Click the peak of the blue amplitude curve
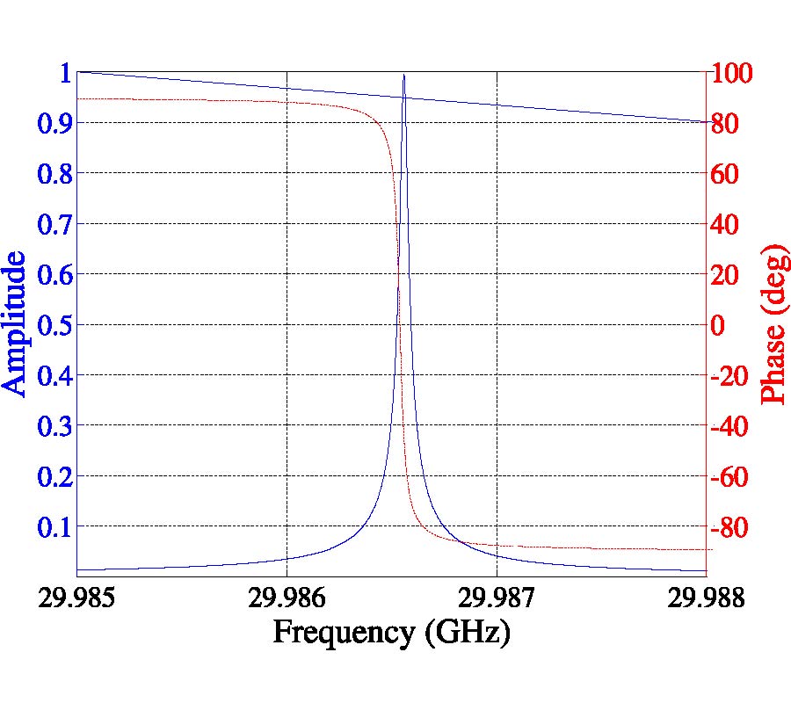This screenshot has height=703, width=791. (403, 76)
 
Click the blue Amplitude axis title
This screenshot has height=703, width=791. (15, 323)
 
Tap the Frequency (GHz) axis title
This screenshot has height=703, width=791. (391, 633)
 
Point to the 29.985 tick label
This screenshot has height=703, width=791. (76, 598)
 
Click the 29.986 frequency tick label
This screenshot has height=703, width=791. (287, 598)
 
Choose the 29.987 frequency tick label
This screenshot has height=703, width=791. (497, 598)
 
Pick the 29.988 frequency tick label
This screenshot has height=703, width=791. (707, 598)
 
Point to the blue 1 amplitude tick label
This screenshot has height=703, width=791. (63, 72)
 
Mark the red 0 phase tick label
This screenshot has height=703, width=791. (717, 325)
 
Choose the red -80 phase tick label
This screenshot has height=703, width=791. (732, 527)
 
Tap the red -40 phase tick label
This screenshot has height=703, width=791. (732, 426)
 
